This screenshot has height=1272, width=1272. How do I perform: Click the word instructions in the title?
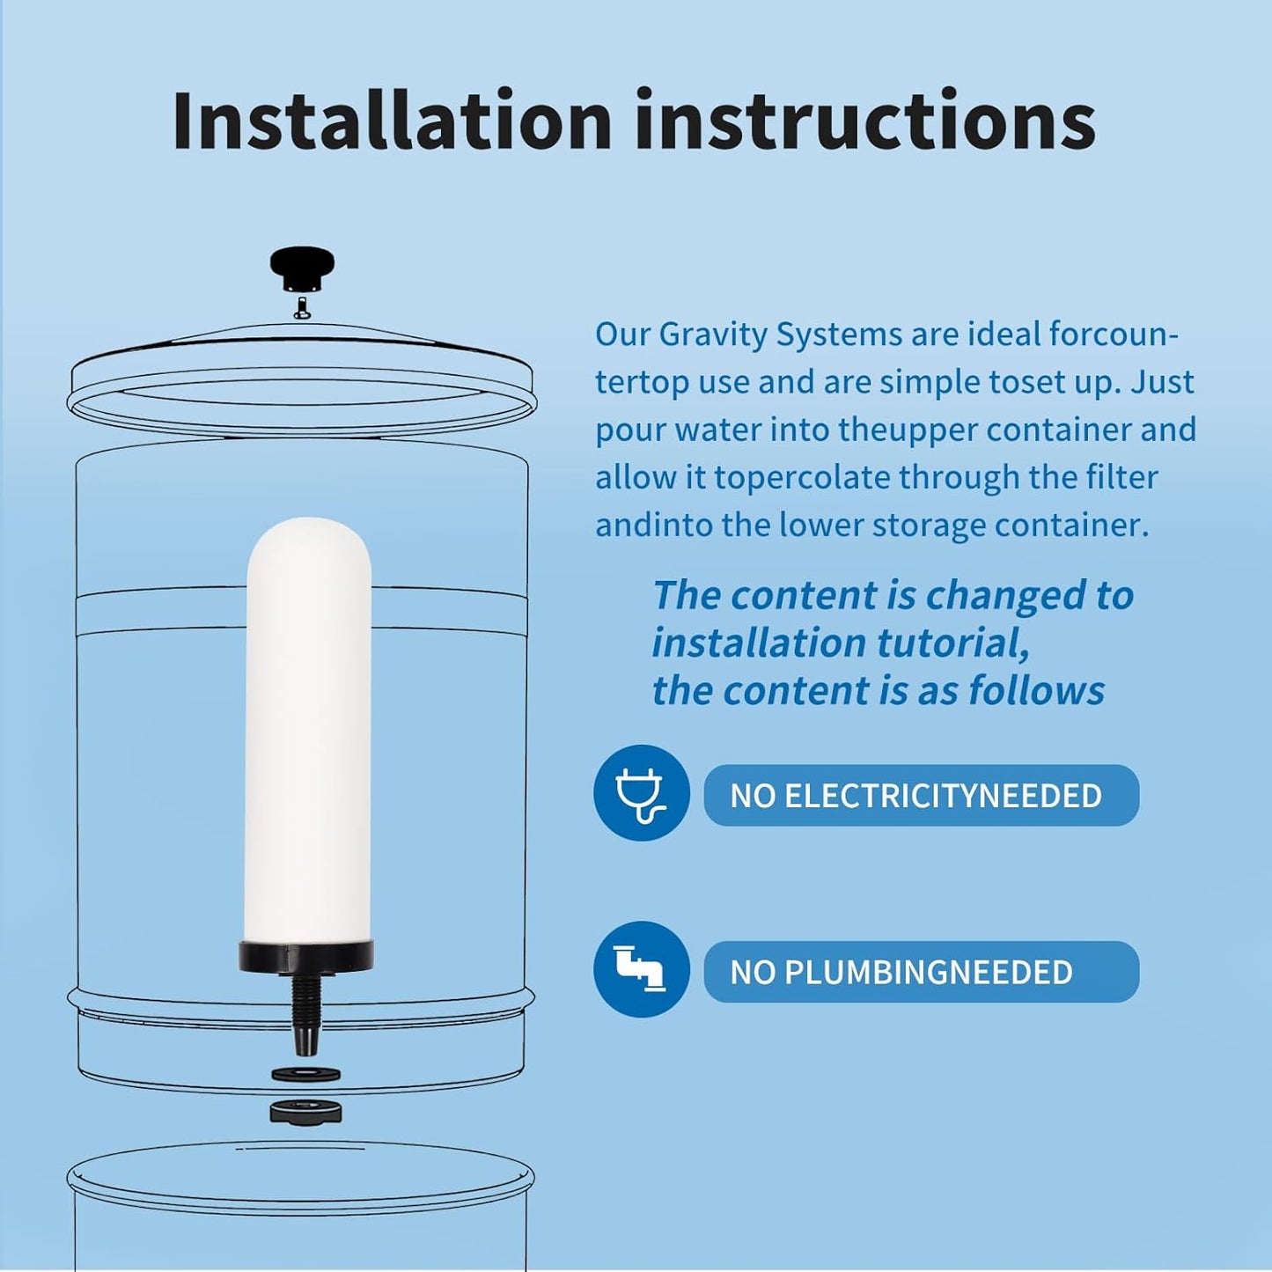point(864,121)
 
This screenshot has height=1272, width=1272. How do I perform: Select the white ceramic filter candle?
point(308,731)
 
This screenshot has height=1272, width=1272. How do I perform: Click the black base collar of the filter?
point(306,956)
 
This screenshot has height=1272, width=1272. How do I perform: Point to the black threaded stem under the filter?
point(305,1012)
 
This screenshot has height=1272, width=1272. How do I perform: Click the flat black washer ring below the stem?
point(305,1074)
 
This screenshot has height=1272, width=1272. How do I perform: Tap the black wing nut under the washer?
point(305,1112)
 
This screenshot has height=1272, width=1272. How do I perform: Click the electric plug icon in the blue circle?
point(641,793)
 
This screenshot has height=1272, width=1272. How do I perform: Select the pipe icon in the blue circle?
point(641,969)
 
